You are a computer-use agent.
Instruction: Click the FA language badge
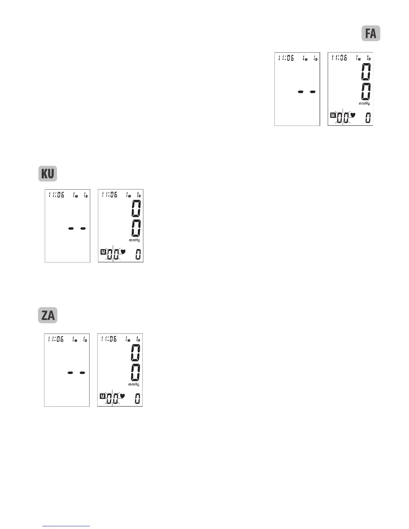click(371, 34)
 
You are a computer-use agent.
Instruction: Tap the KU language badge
click(48, 174)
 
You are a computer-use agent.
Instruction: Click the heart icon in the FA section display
click(352, 115)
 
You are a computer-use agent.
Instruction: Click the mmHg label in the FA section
click(364, 104)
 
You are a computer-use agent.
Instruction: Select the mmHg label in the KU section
click(134, 240)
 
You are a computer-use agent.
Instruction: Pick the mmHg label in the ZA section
click(134, 384)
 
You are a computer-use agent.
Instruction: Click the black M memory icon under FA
click(333, 115)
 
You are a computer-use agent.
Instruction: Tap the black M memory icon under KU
click(103, 251)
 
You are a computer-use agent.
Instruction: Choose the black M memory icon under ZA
click(103, 396)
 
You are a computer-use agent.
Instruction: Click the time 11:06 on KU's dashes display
click(56, 195)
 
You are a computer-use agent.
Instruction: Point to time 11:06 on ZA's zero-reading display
click(109, 339)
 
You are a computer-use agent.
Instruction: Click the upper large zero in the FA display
click(366, 71)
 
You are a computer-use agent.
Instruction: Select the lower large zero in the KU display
click(136, 229)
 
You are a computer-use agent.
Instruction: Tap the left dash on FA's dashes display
click(301, 92)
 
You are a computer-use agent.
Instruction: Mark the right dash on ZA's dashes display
click(82, 372)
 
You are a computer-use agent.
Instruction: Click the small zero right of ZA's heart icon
click(137, 399)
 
